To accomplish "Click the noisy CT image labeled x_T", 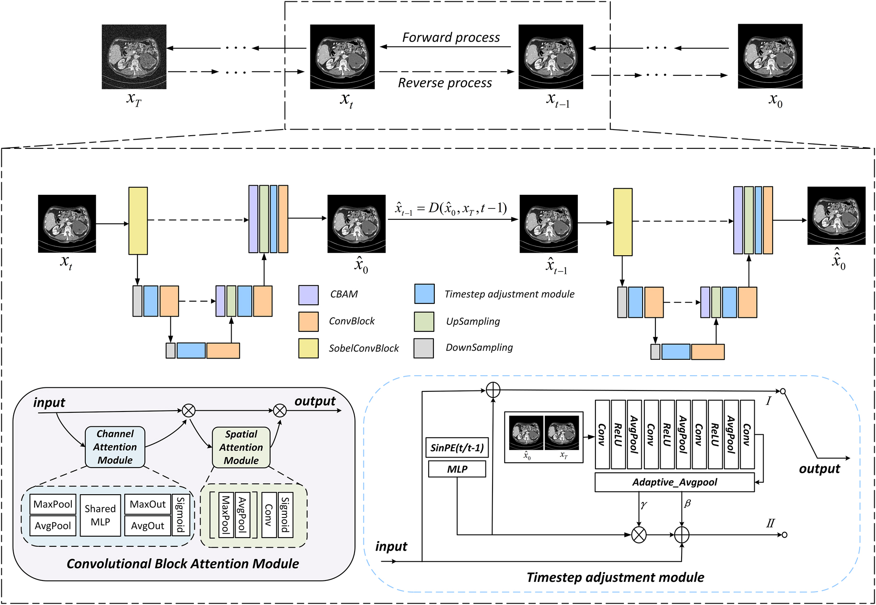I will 134,56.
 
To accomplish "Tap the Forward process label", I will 450,38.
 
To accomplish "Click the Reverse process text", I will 445,83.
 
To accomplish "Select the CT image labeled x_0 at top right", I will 770,56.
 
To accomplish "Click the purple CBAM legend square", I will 308,295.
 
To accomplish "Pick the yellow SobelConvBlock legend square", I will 308,348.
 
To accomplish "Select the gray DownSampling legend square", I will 423,348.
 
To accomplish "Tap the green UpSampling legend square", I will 424,322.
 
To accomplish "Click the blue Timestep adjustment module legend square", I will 424,294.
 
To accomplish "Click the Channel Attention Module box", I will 115,447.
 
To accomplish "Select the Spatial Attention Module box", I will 241,447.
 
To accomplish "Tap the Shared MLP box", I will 100,515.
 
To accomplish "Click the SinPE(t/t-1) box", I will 457,448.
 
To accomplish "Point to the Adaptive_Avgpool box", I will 674,482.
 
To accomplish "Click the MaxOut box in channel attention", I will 148,504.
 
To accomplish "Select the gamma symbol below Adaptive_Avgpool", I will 644,504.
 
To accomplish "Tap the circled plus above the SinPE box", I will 493,390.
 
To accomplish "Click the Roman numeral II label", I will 770,523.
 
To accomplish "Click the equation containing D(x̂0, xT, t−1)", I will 451,208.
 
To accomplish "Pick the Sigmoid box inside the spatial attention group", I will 285,514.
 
